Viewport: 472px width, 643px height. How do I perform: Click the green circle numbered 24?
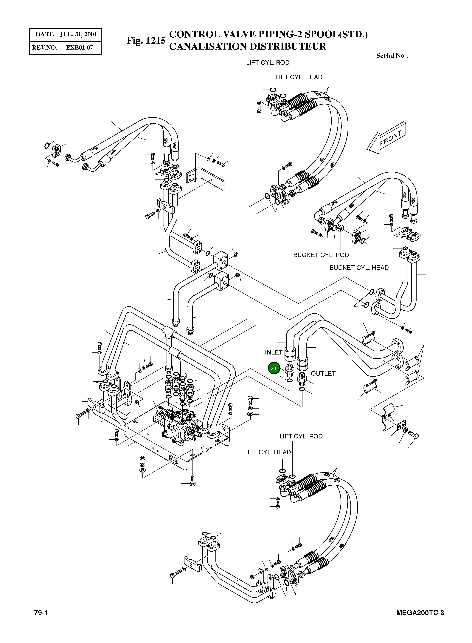pyautogui.click(x=273, y=368)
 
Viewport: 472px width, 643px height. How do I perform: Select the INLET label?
pyautogui.click(x=273, y=352)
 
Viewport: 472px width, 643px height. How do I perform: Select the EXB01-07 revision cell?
pyautogui.click(x=79, y=47)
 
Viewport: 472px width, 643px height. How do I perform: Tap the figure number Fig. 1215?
pyautogui.click(x=146, y=40)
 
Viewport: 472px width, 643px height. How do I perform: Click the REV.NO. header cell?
pyautogui.click(x=44, y=47)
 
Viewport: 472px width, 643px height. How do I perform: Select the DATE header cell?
pyautogui.click(x=44, y=35)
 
